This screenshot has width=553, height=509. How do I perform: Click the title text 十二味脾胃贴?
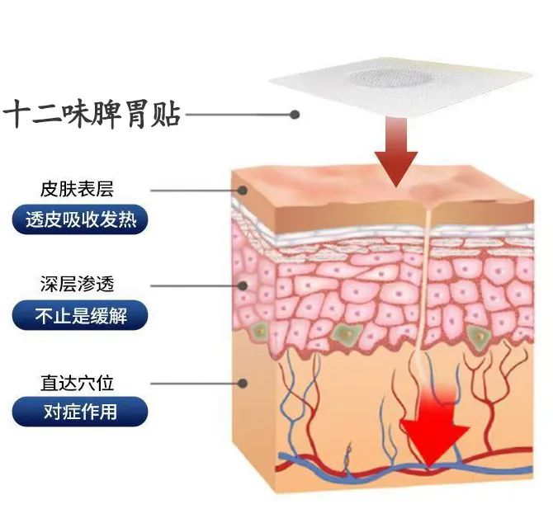pos(92,114)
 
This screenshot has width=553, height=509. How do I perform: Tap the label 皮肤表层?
pos(77,190)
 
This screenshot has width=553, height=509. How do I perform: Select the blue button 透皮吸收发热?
pos(80,220)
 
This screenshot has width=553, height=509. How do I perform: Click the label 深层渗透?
pos(77,285)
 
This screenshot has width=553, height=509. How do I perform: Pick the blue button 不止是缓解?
pos(80,314)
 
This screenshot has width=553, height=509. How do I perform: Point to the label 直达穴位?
pos(77,383)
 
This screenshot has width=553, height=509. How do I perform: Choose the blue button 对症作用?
pos(80,410)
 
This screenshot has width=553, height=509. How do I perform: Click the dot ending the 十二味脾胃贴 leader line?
pos(294,115)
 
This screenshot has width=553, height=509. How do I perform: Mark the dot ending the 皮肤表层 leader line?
pos(243,190)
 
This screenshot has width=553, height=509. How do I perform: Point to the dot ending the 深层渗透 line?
pos(243,285)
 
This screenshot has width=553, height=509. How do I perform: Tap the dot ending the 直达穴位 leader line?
pos(243,383)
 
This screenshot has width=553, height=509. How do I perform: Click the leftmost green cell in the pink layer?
pos(261,332)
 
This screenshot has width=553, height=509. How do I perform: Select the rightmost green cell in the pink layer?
pos(476,334)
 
